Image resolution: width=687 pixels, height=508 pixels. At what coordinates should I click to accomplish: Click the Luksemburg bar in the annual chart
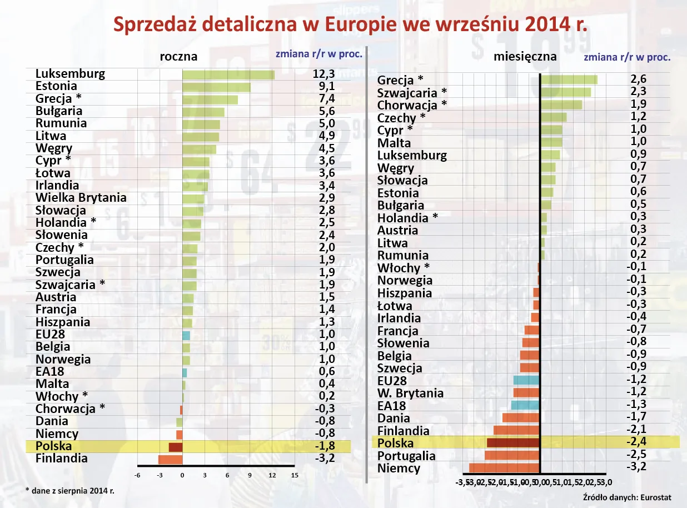(228, 74)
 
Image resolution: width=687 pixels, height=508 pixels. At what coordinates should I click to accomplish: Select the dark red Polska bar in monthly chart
(512, 443)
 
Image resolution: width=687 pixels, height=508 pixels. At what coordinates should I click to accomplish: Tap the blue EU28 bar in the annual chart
(186, 335)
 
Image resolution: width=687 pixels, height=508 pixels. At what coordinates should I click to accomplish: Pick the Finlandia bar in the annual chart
(170, 459)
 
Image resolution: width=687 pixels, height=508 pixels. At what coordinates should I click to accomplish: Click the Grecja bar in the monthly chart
(569, 80)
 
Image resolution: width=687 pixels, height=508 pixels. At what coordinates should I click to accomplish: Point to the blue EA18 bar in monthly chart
(525, 405)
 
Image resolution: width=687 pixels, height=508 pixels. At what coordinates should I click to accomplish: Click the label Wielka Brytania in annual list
(81, 198)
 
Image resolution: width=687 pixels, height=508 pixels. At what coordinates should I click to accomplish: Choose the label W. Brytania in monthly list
(410, 394)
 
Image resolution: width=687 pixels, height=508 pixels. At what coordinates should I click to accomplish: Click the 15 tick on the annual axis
(295, 475)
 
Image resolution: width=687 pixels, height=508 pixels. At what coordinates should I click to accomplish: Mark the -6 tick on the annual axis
(137, 475)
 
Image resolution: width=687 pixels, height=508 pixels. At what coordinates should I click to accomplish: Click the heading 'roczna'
(178, 57)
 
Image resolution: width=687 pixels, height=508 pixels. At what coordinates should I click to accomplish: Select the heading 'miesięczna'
(525, 57)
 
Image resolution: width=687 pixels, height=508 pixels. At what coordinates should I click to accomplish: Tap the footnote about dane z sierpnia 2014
(70, 491)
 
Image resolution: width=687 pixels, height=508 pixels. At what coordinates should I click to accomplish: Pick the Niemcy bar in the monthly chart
(504, 468)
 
